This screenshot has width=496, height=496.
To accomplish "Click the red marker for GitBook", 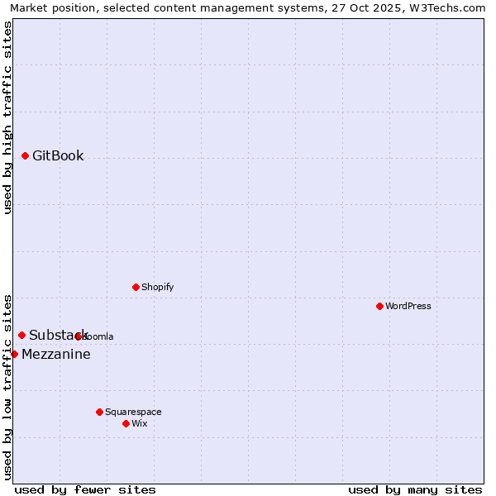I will pos(26,155).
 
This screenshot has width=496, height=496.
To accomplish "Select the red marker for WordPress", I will pos(379,306).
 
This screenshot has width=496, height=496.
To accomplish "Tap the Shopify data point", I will pos(136,287).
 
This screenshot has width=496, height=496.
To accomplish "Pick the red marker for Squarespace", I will pos(99,412).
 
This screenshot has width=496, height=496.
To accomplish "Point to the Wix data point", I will pos(126,423).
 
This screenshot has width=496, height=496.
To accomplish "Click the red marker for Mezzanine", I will pos(14,354).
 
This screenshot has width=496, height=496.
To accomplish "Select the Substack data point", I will pos(22,335).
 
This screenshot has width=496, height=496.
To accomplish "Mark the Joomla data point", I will pos(79,336).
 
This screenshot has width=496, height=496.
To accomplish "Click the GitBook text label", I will pos(58,156).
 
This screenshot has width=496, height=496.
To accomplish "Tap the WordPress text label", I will pos(408,307).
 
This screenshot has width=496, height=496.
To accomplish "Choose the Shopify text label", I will pos(158,288).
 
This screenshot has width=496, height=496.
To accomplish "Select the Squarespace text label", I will pos(133,413).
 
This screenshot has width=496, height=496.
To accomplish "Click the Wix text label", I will pos(140,424).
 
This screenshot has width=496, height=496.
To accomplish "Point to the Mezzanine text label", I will pos(56,355).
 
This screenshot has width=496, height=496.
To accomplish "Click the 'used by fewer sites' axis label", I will pos(85,489).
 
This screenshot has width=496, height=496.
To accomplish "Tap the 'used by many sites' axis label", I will pos(415,489).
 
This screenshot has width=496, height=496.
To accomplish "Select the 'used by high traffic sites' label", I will pos(7,117).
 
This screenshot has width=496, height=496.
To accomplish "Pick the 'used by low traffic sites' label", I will pos(7,386).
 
